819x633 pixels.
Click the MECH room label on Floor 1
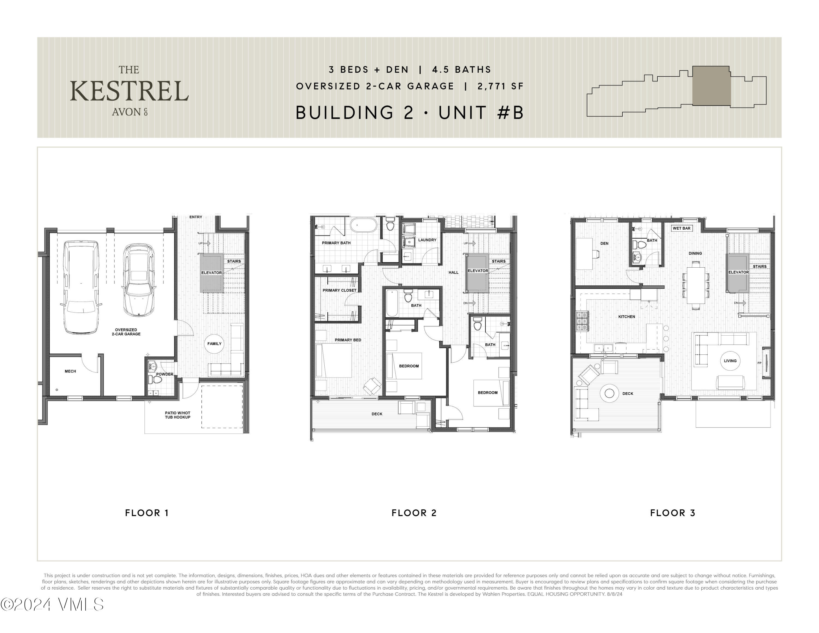click(70, 371)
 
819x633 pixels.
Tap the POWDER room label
click(165, 374)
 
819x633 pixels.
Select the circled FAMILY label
click(215, 344)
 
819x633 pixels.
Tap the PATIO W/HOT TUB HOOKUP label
click(177, 415)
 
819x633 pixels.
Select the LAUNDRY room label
click(427, 240)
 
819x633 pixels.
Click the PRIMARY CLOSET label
click(339, 290)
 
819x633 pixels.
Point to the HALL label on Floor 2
click(453, 273)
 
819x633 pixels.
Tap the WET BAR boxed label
click(681, 228)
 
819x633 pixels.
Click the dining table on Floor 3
click(696, 285)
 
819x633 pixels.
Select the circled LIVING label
click(730, 361)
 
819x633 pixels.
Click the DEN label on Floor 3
click(604, 243)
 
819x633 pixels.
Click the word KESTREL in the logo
click(129, 91)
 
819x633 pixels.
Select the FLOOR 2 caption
click(414, 513)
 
